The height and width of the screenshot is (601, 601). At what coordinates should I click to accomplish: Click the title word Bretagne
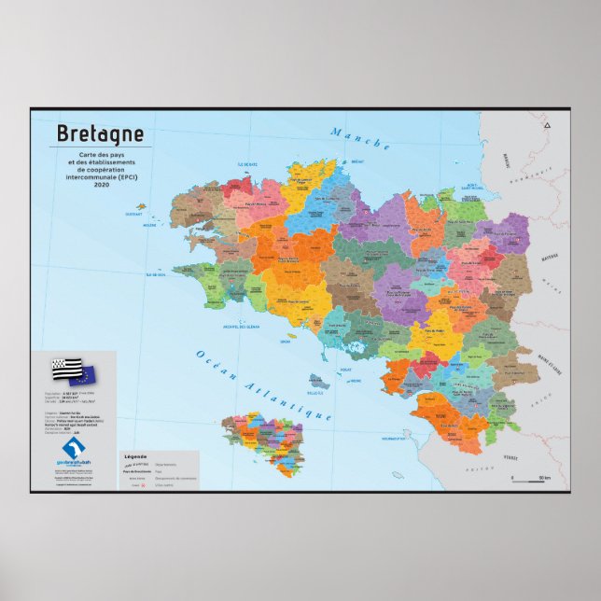(x=101, y=133)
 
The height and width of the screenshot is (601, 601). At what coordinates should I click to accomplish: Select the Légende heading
(x=136, y=455)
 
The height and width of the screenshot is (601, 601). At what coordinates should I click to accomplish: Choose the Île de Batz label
(x=246, y=164)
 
